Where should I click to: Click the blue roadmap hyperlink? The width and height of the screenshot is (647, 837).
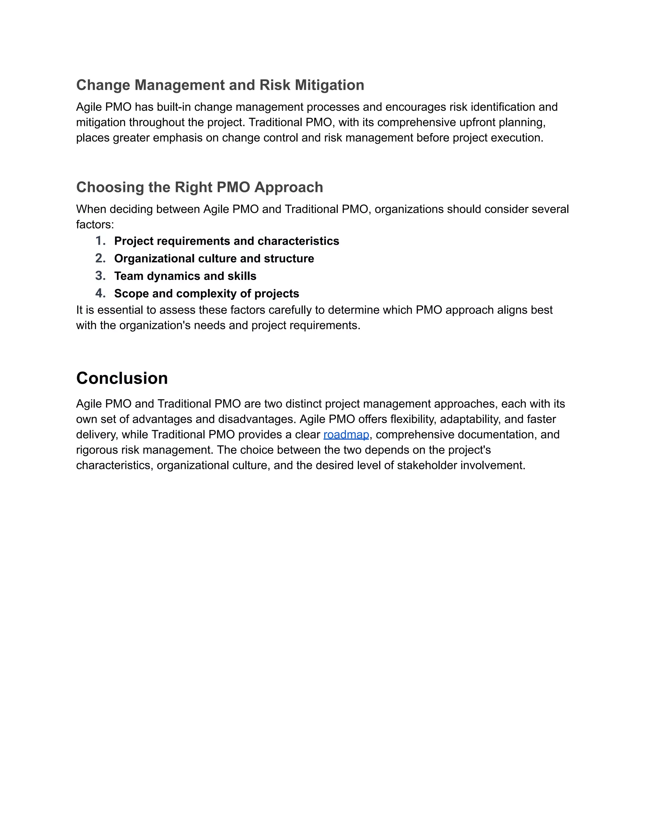(x=346, y=435)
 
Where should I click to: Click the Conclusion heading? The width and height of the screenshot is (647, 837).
(x=122, y=378)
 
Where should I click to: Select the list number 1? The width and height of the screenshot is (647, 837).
(x=100, y=241)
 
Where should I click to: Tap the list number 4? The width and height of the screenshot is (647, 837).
(x=100, y=293)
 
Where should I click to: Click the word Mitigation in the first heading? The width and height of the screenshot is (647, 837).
(x=329, y=85)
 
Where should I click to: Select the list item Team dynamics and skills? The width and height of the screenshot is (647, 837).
(x=185, y=276)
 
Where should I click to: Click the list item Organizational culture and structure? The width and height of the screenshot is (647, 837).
(x=214, y=259)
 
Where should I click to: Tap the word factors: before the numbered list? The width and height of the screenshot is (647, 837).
(x=95, y=225)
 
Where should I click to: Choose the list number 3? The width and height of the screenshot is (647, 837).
(x=100, y=276)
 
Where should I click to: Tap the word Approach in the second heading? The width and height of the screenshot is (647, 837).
(x=289, y=187)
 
